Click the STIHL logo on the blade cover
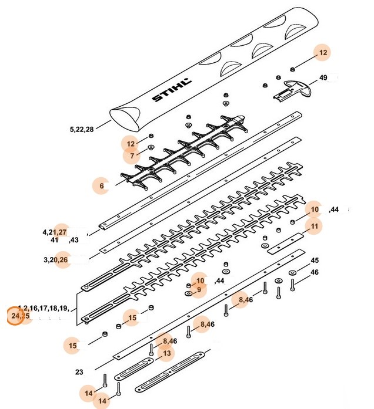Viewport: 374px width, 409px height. pyautogui.click(x=171, y=90)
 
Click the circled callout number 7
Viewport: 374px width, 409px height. pyautogui.click(x=132, y=156)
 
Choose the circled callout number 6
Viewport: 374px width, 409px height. pyautogui.click(x=101, y=186)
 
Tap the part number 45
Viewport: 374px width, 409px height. pyautogui.click(x=315, y=260)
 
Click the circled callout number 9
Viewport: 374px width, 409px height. pyautogui.click(x=199, y=289)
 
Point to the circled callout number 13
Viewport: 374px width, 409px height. pyautogui.click(x=166, y=353)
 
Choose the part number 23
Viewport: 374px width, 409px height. pyautogui.click(x=80, y=371)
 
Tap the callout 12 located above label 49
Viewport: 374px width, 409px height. pyautogui.click(x=322, y=53)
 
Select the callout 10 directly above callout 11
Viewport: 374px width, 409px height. pyautogui.click(x=315, y=209)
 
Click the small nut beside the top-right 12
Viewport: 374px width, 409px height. pyautogui.click(x=292, y=69)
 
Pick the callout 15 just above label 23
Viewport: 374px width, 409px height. pyautogui.click(x=73, y=346)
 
